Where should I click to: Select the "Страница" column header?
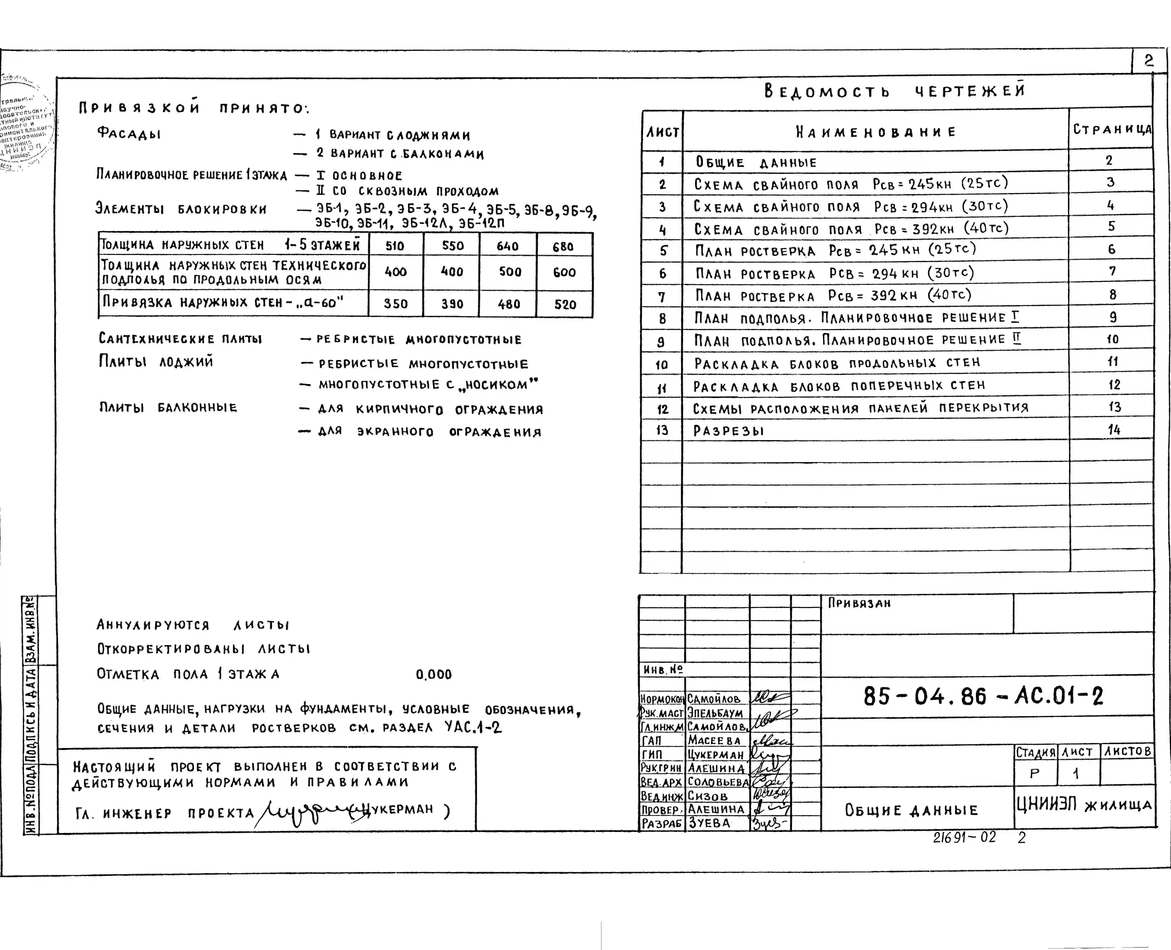(x=1112, y=130)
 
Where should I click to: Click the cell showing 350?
(x=395, y=304)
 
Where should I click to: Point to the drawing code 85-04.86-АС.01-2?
(x=983, y=696)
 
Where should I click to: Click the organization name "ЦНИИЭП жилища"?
(x=1084, y=804)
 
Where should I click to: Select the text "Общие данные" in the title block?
(x=911, y=810)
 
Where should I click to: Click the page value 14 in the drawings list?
(x=1114, y=430)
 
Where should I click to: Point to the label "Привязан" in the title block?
(x=859, y=603)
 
